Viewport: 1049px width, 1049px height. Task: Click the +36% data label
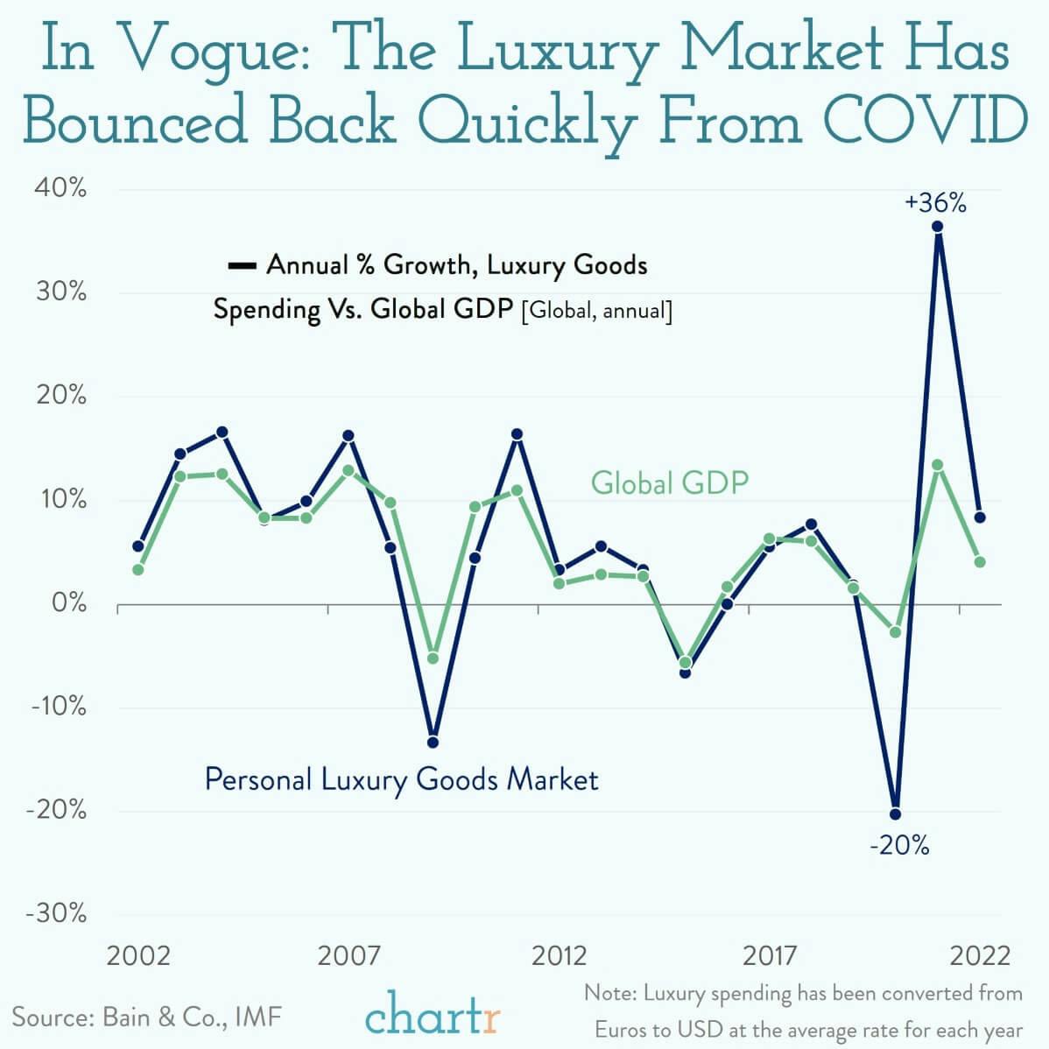936,204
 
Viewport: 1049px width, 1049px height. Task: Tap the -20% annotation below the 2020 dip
899,846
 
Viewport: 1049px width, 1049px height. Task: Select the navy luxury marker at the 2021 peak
937,226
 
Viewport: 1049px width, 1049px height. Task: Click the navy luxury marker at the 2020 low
895,813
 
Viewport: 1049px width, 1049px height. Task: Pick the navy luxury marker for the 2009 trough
432,743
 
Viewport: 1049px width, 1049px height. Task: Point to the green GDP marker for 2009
432,658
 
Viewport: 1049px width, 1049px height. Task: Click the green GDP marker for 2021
937,465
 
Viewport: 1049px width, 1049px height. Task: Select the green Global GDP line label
670,482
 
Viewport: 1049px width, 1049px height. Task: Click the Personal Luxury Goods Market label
401,778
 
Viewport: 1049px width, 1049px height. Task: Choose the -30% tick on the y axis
57,913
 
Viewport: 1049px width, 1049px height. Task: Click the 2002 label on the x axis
138,954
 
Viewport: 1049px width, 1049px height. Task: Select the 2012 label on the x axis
559,954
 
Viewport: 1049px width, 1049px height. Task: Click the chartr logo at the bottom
433,1017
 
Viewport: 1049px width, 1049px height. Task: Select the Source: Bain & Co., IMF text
147,1017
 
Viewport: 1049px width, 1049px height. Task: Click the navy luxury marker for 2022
979,517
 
